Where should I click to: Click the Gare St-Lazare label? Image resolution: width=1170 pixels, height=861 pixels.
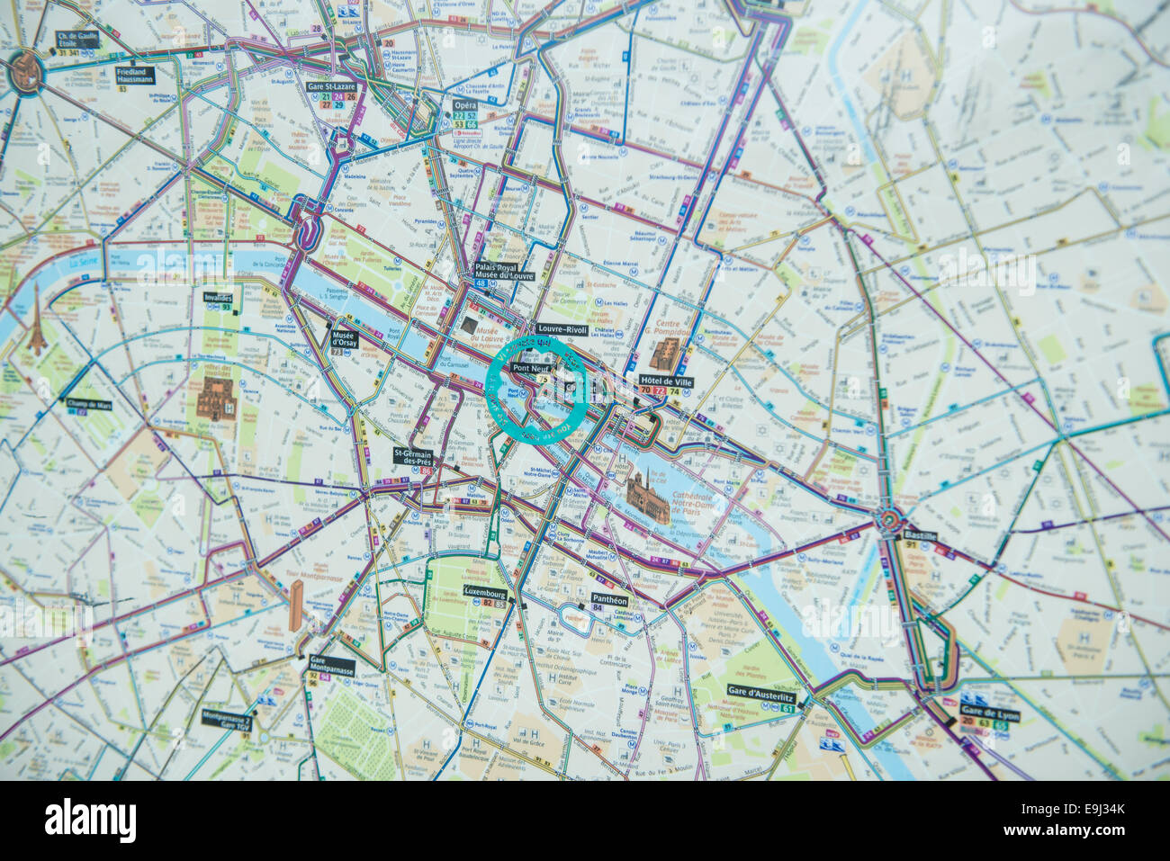332,87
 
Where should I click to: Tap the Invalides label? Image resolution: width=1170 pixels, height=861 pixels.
218,297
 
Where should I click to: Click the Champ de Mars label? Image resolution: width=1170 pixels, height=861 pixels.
88,405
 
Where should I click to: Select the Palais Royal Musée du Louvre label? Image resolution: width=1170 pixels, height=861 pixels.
504,271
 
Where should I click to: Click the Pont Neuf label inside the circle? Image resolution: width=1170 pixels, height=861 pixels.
532,368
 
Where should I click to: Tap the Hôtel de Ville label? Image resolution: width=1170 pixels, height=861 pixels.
666,381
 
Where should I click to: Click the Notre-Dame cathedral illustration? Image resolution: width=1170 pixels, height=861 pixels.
649,498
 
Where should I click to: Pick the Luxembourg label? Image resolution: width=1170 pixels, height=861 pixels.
485,592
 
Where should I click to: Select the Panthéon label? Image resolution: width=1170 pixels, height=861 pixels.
609,598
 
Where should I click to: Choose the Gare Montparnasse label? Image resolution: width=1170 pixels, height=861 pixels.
331,665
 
